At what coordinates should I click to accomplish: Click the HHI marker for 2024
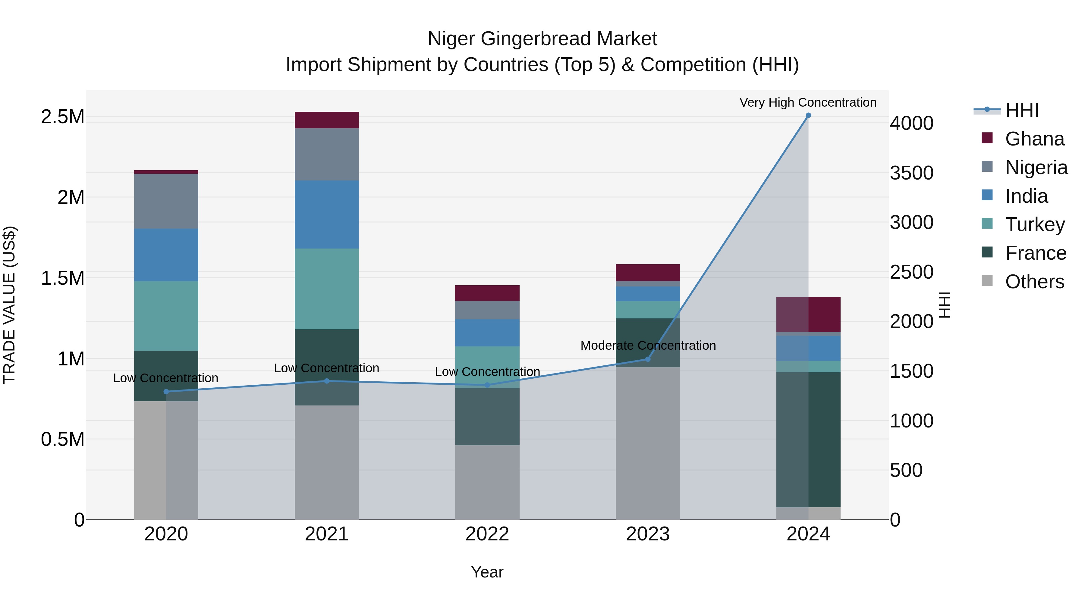pos(808,115)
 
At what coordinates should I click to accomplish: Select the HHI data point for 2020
pos(166,392)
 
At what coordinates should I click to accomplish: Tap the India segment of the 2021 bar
pos(326,214)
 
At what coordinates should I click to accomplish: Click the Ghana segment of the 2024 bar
pos(808,314)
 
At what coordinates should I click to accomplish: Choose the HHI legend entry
pos(1021,110)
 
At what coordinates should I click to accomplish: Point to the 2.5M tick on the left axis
pos(62,117)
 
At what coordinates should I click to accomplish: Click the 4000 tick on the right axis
pos(911,124)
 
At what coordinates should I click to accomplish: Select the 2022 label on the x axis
pos(487,534)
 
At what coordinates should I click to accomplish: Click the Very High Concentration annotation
pos(807,102)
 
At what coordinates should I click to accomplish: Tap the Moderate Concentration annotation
pos(648,346)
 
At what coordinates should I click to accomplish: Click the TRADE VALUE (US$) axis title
pos(9,305)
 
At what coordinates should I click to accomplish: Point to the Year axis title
pos(487,572)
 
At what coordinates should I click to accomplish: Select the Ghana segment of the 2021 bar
pos(326,120)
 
